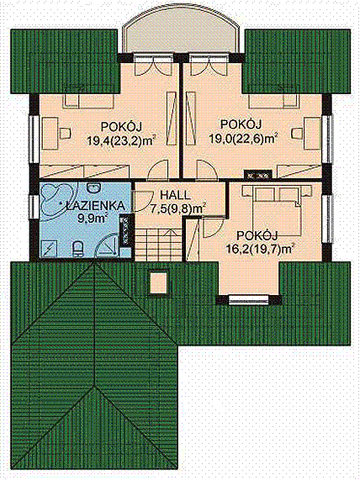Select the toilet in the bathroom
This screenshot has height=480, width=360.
(78, 249)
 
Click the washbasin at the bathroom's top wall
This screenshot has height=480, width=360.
(93, 187)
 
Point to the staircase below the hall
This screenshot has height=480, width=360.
(159, 244)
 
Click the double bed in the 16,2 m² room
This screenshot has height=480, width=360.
(273, 210)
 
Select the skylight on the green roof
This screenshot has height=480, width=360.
(158, 282)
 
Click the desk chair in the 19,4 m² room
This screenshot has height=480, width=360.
(65, 134)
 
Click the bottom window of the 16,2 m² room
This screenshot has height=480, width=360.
(248, 300)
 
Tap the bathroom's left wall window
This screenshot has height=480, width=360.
(34, 207)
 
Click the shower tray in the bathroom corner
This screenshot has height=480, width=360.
(49, 248)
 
